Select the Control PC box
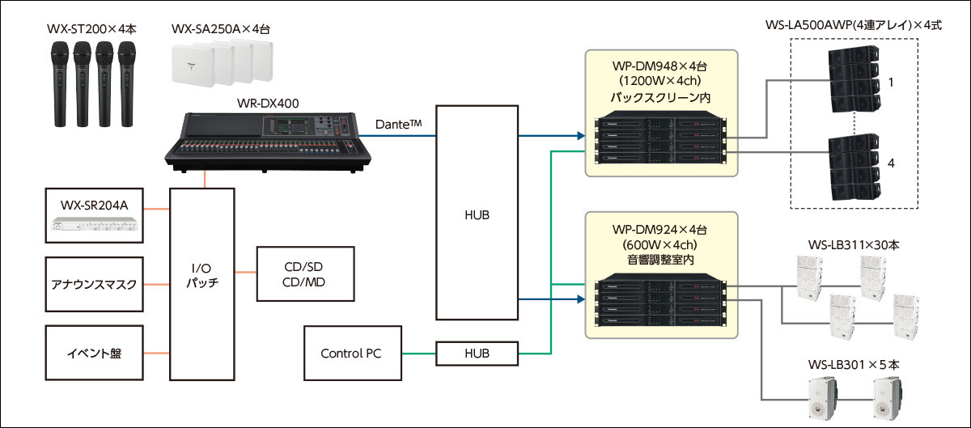(x=350, y=354)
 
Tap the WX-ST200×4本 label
(x=91, y=29)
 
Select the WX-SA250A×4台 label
(x=220, y=29)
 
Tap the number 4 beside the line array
(x=891, y=164)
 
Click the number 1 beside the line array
(x=891, y=83)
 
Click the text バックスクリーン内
(x=660, y=96)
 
